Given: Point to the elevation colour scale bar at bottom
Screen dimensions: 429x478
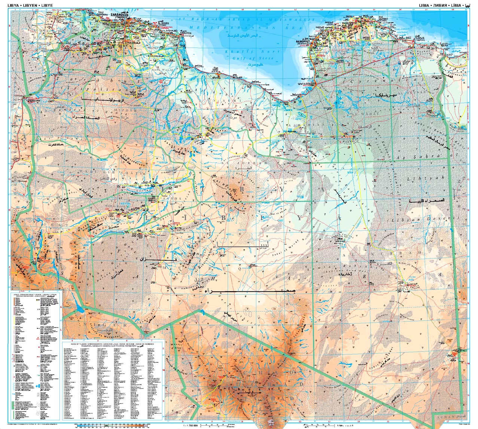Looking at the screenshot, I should point(112,425).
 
